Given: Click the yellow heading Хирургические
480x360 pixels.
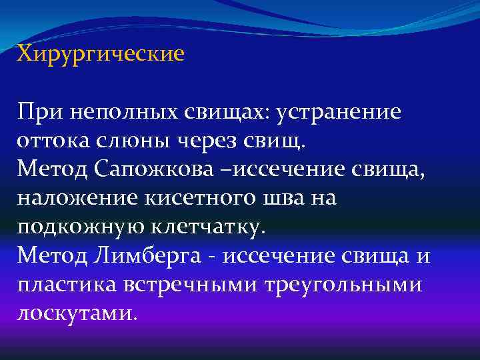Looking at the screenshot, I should pyautogui.click(x=101, y=53).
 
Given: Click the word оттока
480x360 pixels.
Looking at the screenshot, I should pyautogui.click(x=54, y=140).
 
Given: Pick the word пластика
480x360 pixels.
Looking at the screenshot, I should pyautogui.click(x=66, y=283).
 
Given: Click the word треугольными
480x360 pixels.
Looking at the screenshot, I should pyautogui.click(x=344, y=283).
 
